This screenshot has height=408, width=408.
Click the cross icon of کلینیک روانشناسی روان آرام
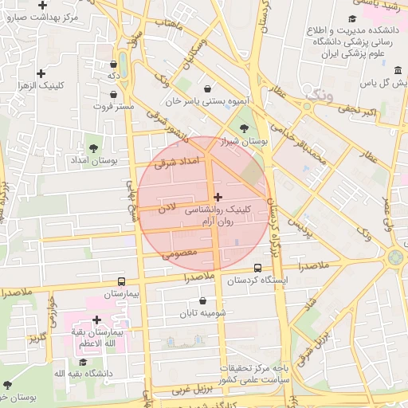[x=218, y=196]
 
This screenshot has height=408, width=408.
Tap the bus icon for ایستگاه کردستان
[x=257, y=269]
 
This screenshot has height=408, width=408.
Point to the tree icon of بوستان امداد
[x=93, y=148]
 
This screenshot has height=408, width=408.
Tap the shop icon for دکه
[x=113, y=64]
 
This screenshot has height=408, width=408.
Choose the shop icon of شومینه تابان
[x=202, y=301]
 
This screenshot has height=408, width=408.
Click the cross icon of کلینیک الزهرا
[x=41, y=73]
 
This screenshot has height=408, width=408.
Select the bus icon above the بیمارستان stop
[x=121, y=281]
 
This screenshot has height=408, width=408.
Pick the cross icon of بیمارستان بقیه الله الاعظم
[x=96, y=320]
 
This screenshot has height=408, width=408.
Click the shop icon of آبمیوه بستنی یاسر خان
[x=208, y=89]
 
